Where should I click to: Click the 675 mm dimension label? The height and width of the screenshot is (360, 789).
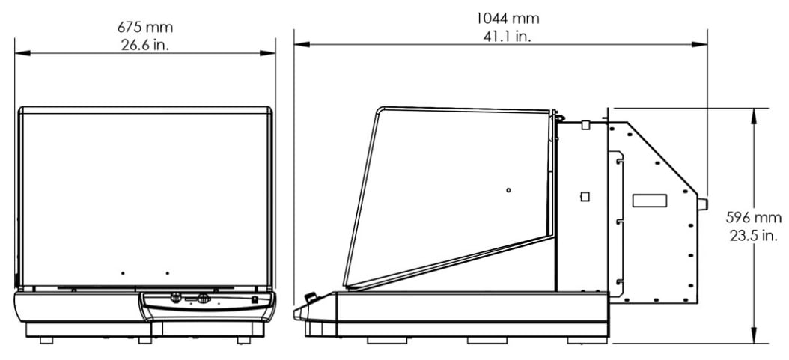(x=145, y=27)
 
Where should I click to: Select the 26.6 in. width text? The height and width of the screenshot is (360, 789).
(x=145, y=45)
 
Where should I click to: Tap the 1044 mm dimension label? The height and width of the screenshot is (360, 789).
(x=508, y=19)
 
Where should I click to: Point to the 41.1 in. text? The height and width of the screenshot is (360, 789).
(x=508, y=36)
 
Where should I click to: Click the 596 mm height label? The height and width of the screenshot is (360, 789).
(x=754, y=218)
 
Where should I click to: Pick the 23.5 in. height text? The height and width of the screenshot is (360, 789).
(x=754, y=235)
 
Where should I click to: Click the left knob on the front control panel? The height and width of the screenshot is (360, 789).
(x=176, y=298)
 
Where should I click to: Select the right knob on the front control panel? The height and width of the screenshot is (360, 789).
(x=204, y=298)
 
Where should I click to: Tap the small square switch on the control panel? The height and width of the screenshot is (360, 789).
(x=255, y=299)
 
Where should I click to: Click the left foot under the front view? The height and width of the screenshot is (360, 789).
(x=46, y=341)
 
